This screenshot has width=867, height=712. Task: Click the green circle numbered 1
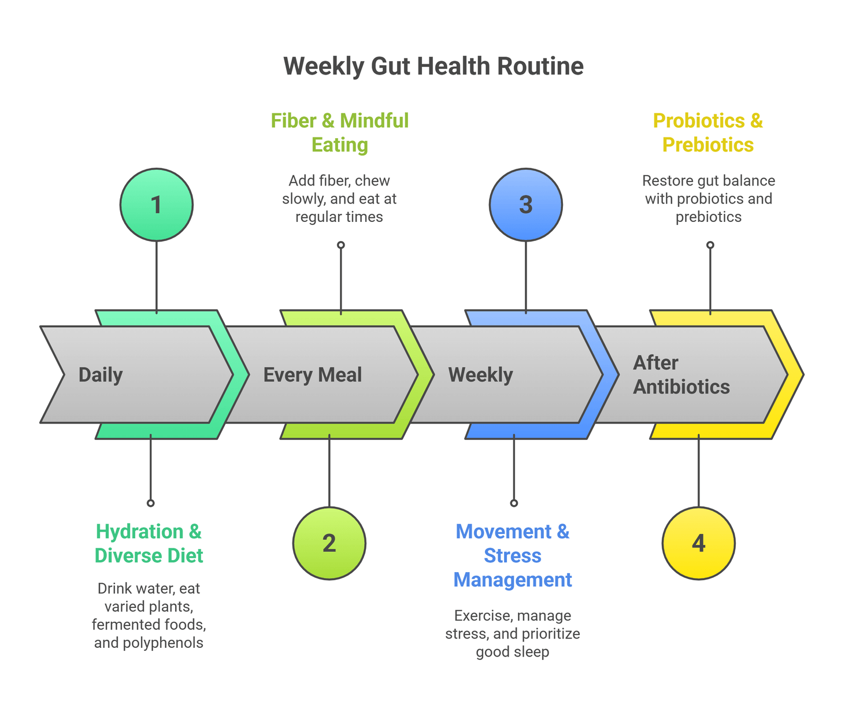156,205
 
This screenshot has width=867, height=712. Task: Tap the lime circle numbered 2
329,543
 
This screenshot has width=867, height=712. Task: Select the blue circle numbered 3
525,205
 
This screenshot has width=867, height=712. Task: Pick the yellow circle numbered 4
698,543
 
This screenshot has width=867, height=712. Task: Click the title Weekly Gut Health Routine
433,66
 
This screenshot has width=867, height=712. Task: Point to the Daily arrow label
101,375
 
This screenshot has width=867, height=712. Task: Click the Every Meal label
312,375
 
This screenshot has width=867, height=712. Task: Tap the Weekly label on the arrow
480,375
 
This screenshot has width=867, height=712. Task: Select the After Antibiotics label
681,374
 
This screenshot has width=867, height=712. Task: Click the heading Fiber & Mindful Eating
340,132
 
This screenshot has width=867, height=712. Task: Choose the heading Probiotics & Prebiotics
708,132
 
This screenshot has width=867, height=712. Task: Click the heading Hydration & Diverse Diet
149,543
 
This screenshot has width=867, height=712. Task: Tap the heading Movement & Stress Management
513,555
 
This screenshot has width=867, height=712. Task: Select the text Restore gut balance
708,181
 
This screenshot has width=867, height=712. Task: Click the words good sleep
513,652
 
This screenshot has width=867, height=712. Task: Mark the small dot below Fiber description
341,245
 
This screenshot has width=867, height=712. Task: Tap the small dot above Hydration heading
150,503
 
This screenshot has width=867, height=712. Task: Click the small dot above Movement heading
514,503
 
